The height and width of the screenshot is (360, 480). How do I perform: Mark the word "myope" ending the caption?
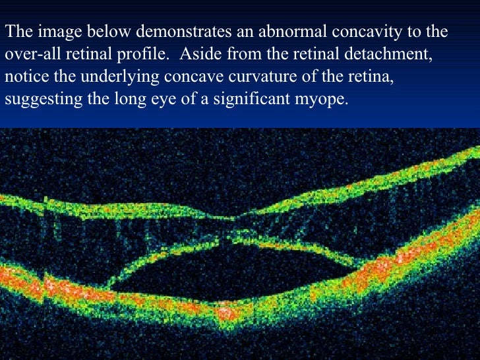coord(321,100)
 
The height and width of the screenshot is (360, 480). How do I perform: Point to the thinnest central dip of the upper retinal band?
coord(228,218)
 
